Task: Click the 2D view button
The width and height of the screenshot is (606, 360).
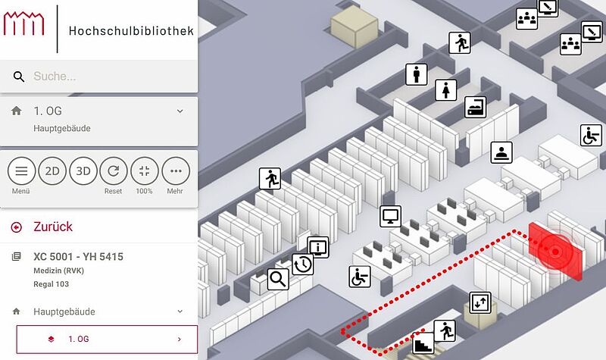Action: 52,171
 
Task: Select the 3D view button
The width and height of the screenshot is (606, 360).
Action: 83,171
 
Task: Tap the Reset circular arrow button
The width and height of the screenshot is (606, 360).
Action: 113,171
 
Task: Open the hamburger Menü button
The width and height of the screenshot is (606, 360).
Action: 21,171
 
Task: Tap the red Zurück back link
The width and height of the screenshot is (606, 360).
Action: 52,227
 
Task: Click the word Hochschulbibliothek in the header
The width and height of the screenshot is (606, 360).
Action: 131,31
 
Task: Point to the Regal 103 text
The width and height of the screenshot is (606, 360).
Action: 51,284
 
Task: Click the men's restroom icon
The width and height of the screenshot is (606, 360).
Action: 416,74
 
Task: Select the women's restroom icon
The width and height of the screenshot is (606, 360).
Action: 446,90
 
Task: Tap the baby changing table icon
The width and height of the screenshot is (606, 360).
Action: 476,107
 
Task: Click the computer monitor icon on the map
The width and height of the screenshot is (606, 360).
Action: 390,216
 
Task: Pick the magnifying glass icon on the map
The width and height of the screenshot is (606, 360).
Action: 278,279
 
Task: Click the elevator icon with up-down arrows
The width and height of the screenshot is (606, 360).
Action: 480,302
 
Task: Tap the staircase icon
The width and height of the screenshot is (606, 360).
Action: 423,343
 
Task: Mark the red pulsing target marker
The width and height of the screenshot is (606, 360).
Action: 555,252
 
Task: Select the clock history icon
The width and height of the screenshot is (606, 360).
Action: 302,264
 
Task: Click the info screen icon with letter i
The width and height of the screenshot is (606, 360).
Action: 318,248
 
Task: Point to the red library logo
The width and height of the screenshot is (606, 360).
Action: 24,23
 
